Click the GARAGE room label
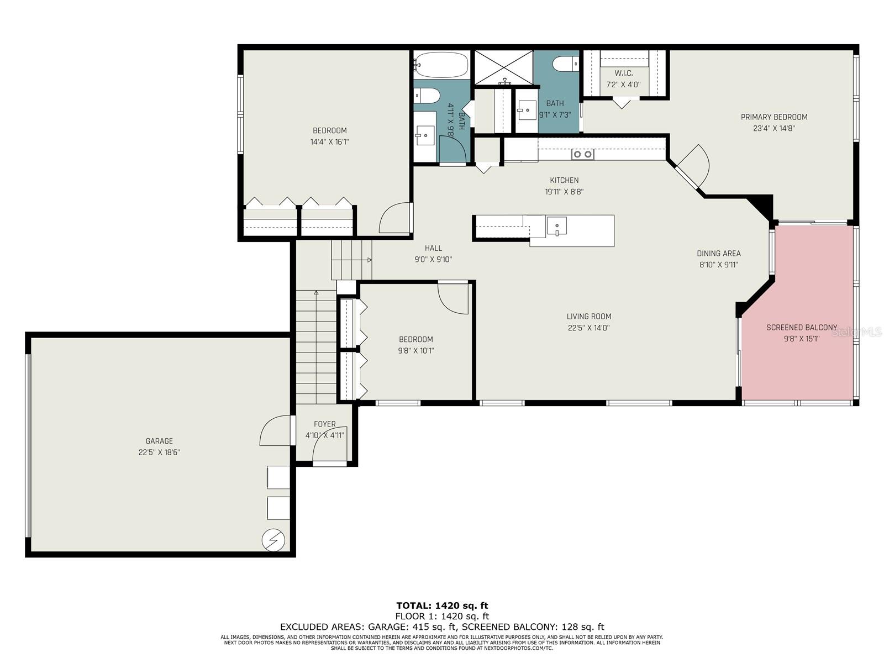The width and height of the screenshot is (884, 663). [159, 441]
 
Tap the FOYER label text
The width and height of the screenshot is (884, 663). [324, 424]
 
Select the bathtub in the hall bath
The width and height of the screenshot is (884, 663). [441, 65]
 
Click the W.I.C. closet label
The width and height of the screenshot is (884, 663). [623, 73]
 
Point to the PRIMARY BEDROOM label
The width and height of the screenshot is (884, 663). [773, 117]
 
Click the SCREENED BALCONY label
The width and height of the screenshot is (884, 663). [801, 328]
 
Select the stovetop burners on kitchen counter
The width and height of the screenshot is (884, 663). [582, 154]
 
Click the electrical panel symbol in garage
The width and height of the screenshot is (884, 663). [273, 540]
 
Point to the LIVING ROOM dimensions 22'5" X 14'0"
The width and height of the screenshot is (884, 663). [588, 328]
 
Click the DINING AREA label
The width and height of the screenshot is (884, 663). [718, 254]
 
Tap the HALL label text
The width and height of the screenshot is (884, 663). [433, 248]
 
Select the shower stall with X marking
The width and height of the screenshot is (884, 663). [503, 67]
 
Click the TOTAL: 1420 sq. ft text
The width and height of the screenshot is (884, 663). [442, 606]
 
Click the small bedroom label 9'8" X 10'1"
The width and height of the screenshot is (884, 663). [416, 350]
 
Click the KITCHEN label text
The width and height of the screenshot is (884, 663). [564, 180]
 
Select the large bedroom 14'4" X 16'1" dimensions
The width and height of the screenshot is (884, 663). [329, 142]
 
